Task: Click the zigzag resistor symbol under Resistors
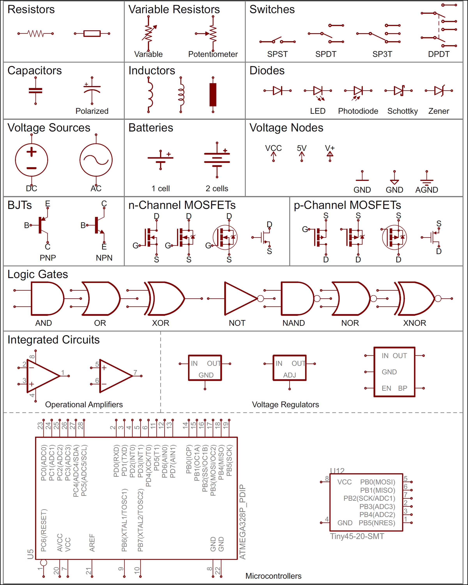(x=35, y=34)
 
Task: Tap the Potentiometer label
(x=213, y=54)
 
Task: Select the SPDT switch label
(x=326, y=54)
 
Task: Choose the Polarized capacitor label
(x=92, y=111)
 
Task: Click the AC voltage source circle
(x=96, y=160)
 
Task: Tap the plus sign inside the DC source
(x=31, y=152)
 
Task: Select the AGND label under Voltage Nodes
(x=426, y=190)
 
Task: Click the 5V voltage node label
(x=302, y=148)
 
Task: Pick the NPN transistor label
(x=104, y=258)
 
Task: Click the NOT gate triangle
(x=239, y=299)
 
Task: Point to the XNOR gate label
(x=414, y=323)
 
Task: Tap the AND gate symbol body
(x=46, y=299)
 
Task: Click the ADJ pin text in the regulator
(x=290, y=375)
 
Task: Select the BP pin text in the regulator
(x=403, y=388)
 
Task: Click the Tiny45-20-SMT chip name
(x=357, y=536)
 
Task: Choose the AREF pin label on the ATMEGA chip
(x=92, y=543)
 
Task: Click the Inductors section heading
(x=152, y=71)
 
